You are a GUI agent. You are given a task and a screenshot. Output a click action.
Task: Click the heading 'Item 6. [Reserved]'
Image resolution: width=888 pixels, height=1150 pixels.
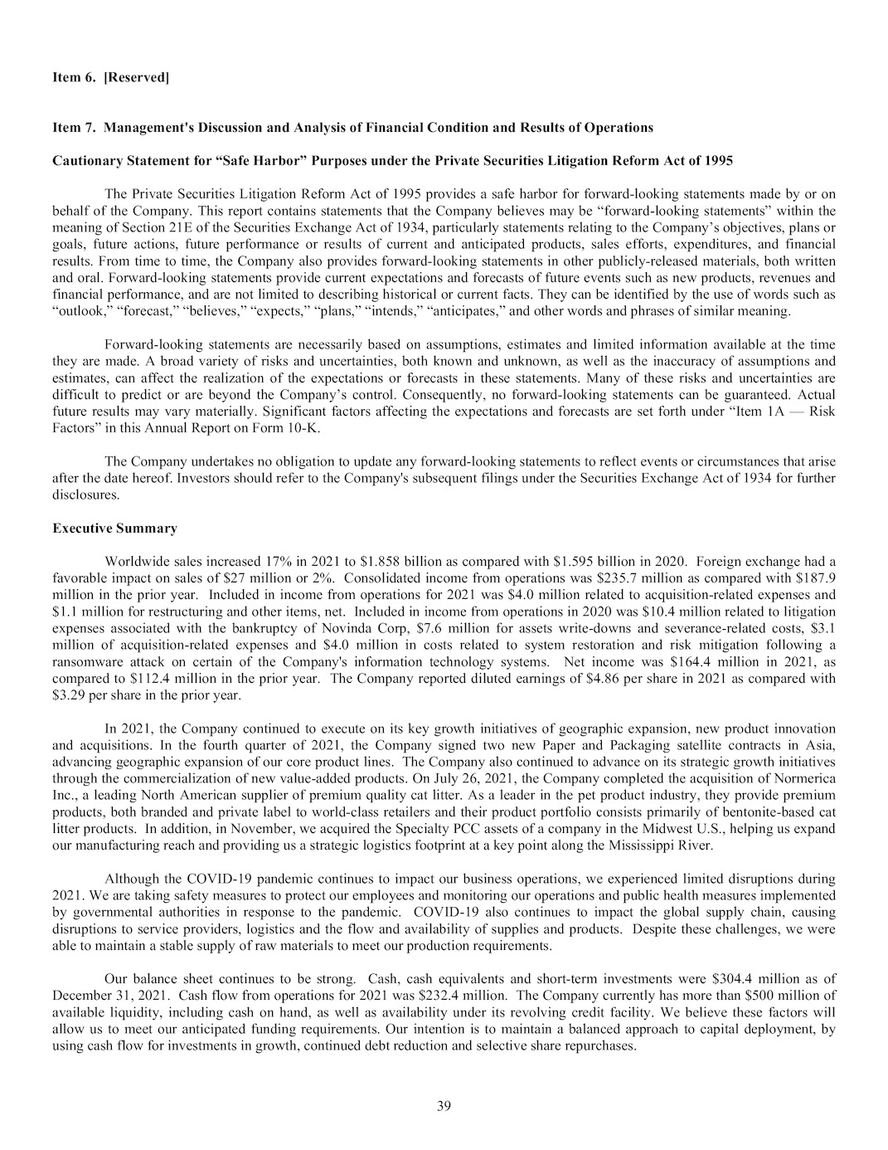tap(110, 78)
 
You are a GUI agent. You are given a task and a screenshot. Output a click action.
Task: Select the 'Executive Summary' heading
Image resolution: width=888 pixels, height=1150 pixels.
tap(114, 529)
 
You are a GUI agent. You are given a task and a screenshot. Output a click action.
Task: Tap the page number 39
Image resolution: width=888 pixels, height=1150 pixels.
tap(444, 1105)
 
